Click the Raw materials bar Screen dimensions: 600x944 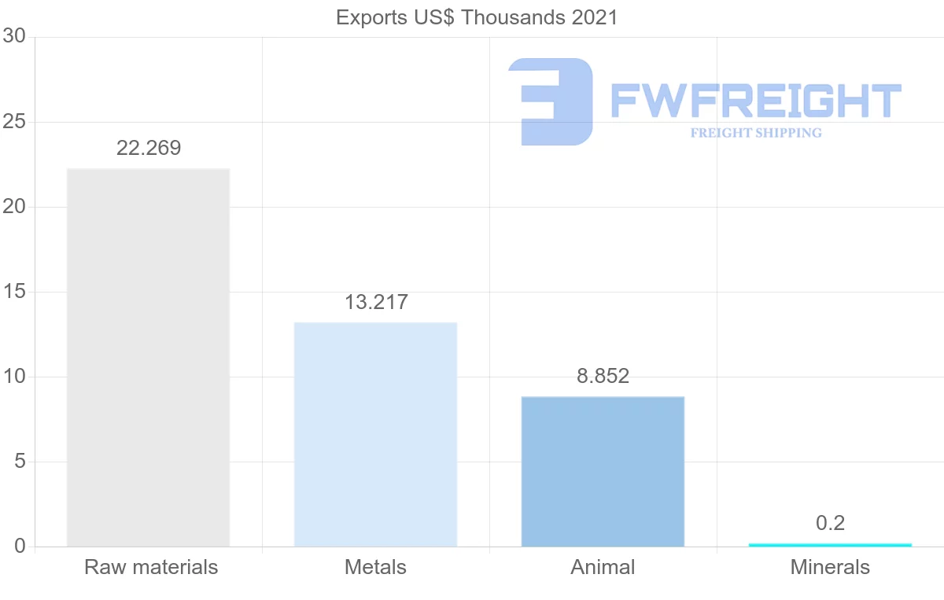148,357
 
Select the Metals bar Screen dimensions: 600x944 375,434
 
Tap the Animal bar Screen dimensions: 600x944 603,471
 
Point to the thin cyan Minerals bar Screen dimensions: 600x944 830,544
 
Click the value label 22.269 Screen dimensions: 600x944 149,148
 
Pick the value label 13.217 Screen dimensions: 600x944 376,302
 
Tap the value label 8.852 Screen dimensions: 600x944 603,376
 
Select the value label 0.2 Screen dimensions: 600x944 830,523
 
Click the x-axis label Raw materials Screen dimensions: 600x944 151,567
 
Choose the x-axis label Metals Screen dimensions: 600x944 375,567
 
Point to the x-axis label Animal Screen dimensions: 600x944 603,567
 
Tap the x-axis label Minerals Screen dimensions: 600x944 830,567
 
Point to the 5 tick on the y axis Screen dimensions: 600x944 20,462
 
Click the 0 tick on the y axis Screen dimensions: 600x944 20,547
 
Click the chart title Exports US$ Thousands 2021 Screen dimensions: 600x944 477,17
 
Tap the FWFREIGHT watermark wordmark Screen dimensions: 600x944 755,101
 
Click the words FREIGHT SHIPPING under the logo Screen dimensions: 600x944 756,133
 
